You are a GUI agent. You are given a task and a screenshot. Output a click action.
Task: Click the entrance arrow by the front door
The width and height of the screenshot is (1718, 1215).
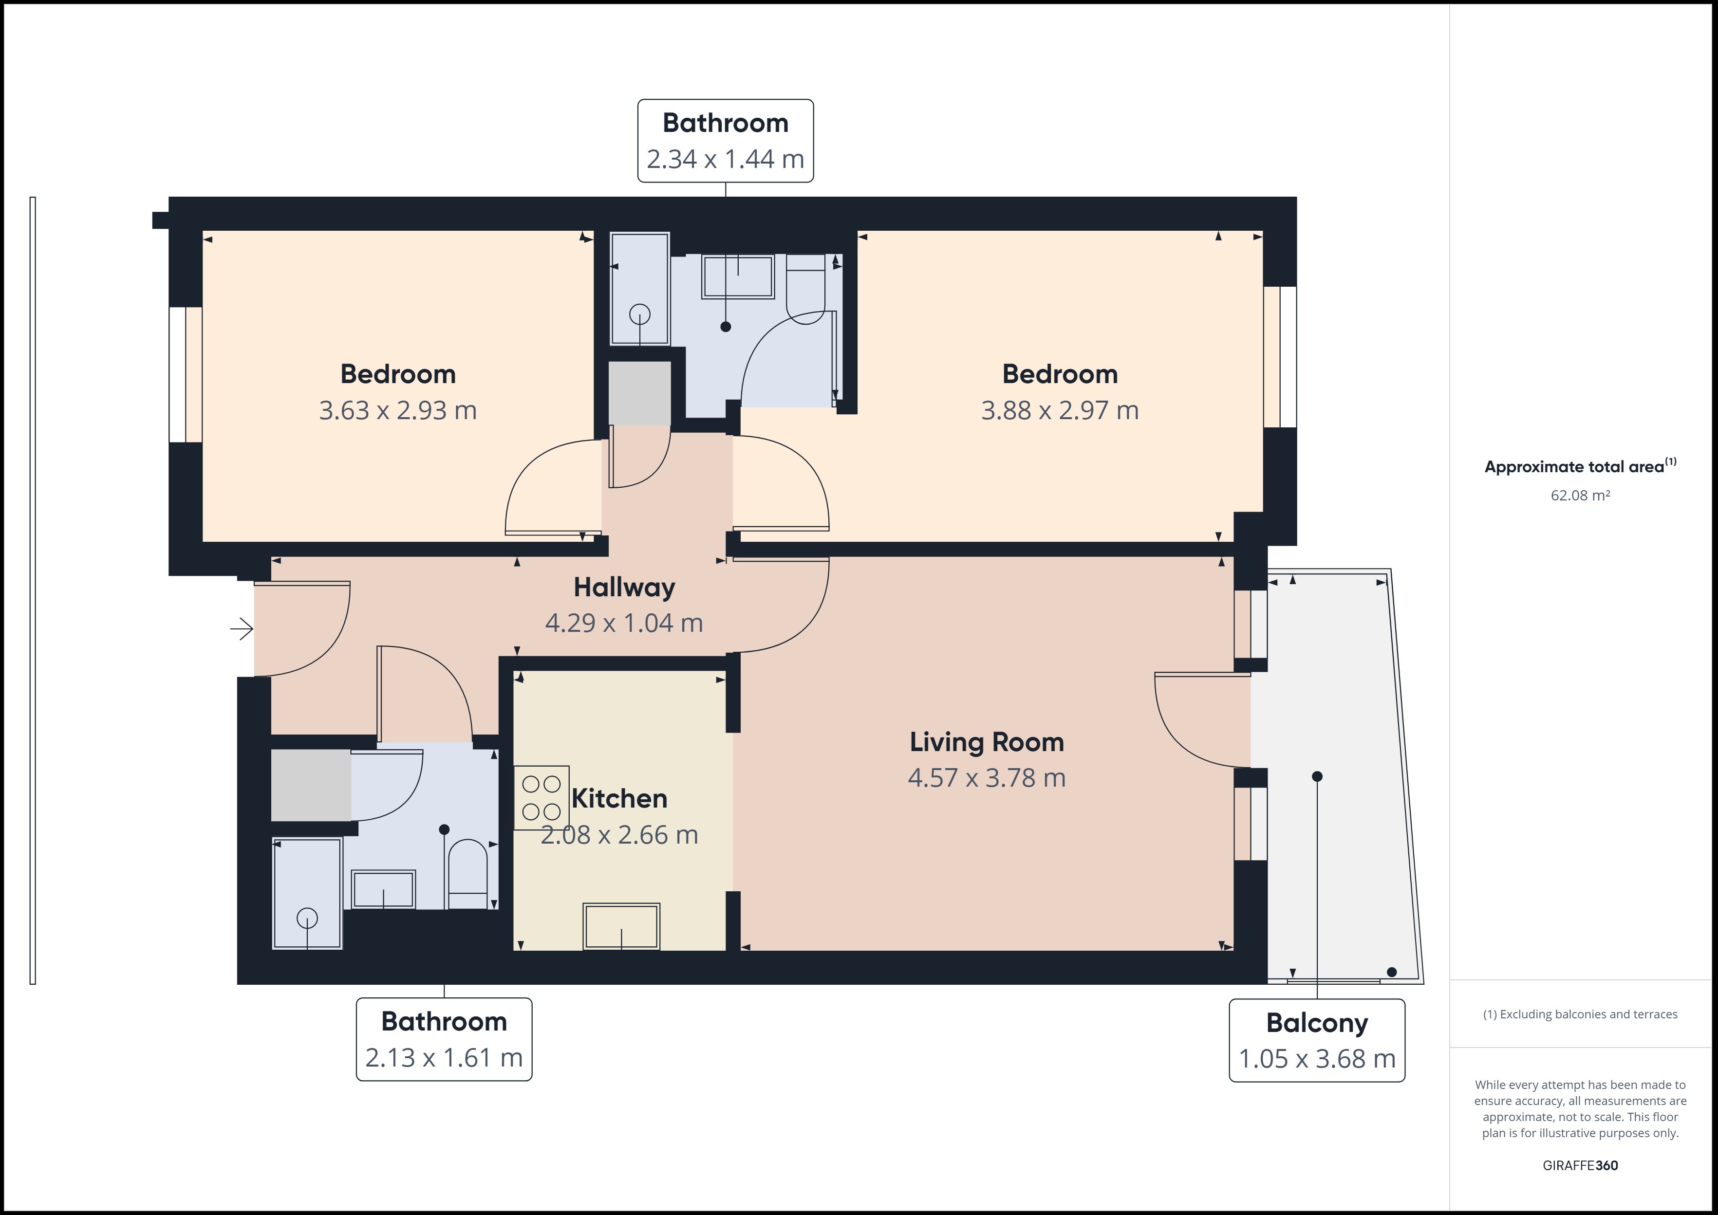242,629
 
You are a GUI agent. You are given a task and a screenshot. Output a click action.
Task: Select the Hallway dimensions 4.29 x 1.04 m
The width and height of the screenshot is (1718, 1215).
624,623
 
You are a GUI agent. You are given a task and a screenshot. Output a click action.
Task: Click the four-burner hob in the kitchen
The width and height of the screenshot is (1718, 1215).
542,797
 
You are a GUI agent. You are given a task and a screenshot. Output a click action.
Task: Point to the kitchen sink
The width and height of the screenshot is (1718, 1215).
621,926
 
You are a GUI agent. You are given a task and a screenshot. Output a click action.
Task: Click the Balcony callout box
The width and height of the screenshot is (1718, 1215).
1317,1040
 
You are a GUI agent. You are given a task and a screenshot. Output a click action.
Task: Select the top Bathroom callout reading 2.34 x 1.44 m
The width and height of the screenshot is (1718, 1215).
725,141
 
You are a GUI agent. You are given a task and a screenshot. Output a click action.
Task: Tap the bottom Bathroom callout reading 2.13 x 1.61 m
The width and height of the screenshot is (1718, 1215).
444,1039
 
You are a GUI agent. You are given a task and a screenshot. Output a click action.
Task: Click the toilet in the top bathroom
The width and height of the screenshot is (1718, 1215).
805,289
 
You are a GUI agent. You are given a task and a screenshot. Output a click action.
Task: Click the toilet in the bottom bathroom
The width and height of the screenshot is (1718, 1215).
467,874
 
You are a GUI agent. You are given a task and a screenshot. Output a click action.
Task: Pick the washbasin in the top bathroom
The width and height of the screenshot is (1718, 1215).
738,277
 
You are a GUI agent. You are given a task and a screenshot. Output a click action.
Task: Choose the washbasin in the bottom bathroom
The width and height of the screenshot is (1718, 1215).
383,889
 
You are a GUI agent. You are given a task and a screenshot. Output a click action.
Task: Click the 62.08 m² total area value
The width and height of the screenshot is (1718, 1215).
1580,495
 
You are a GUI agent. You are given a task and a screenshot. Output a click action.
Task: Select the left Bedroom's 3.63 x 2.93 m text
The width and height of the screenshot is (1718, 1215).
398,410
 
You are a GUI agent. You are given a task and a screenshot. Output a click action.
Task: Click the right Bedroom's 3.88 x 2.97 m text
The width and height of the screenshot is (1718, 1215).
1060,410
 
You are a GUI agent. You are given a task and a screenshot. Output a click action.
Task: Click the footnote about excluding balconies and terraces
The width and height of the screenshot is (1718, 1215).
1580,1014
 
